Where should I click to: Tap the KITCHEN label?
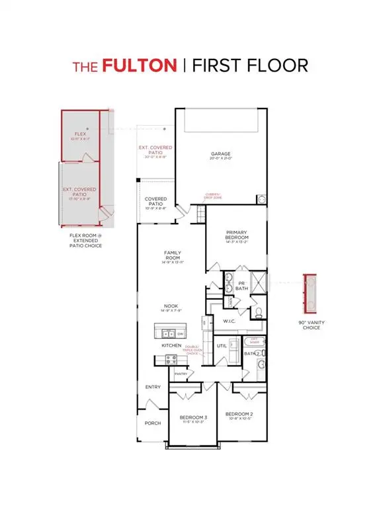(171, 345)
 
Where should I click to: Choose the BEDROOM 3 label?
(193, 417)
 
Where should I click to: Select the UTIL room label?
(231, 345)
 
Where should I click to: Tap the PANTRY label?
(181, 374)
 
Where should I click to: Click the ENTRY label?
(153, 388)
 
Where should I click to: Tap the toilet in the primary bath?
(259, 312)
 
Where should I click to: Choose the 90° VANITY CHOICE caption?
(310, 324)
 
